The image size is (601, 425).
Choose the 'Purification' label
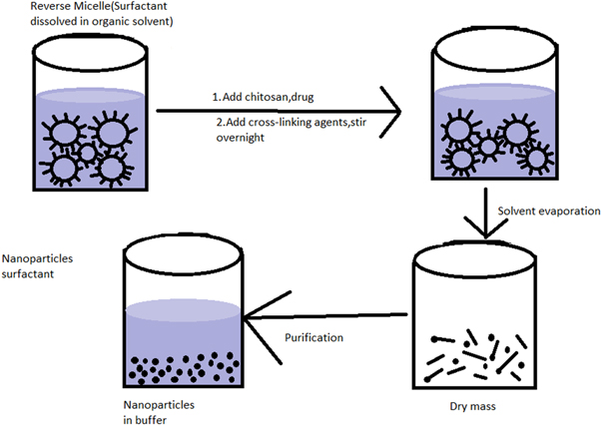313,337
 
